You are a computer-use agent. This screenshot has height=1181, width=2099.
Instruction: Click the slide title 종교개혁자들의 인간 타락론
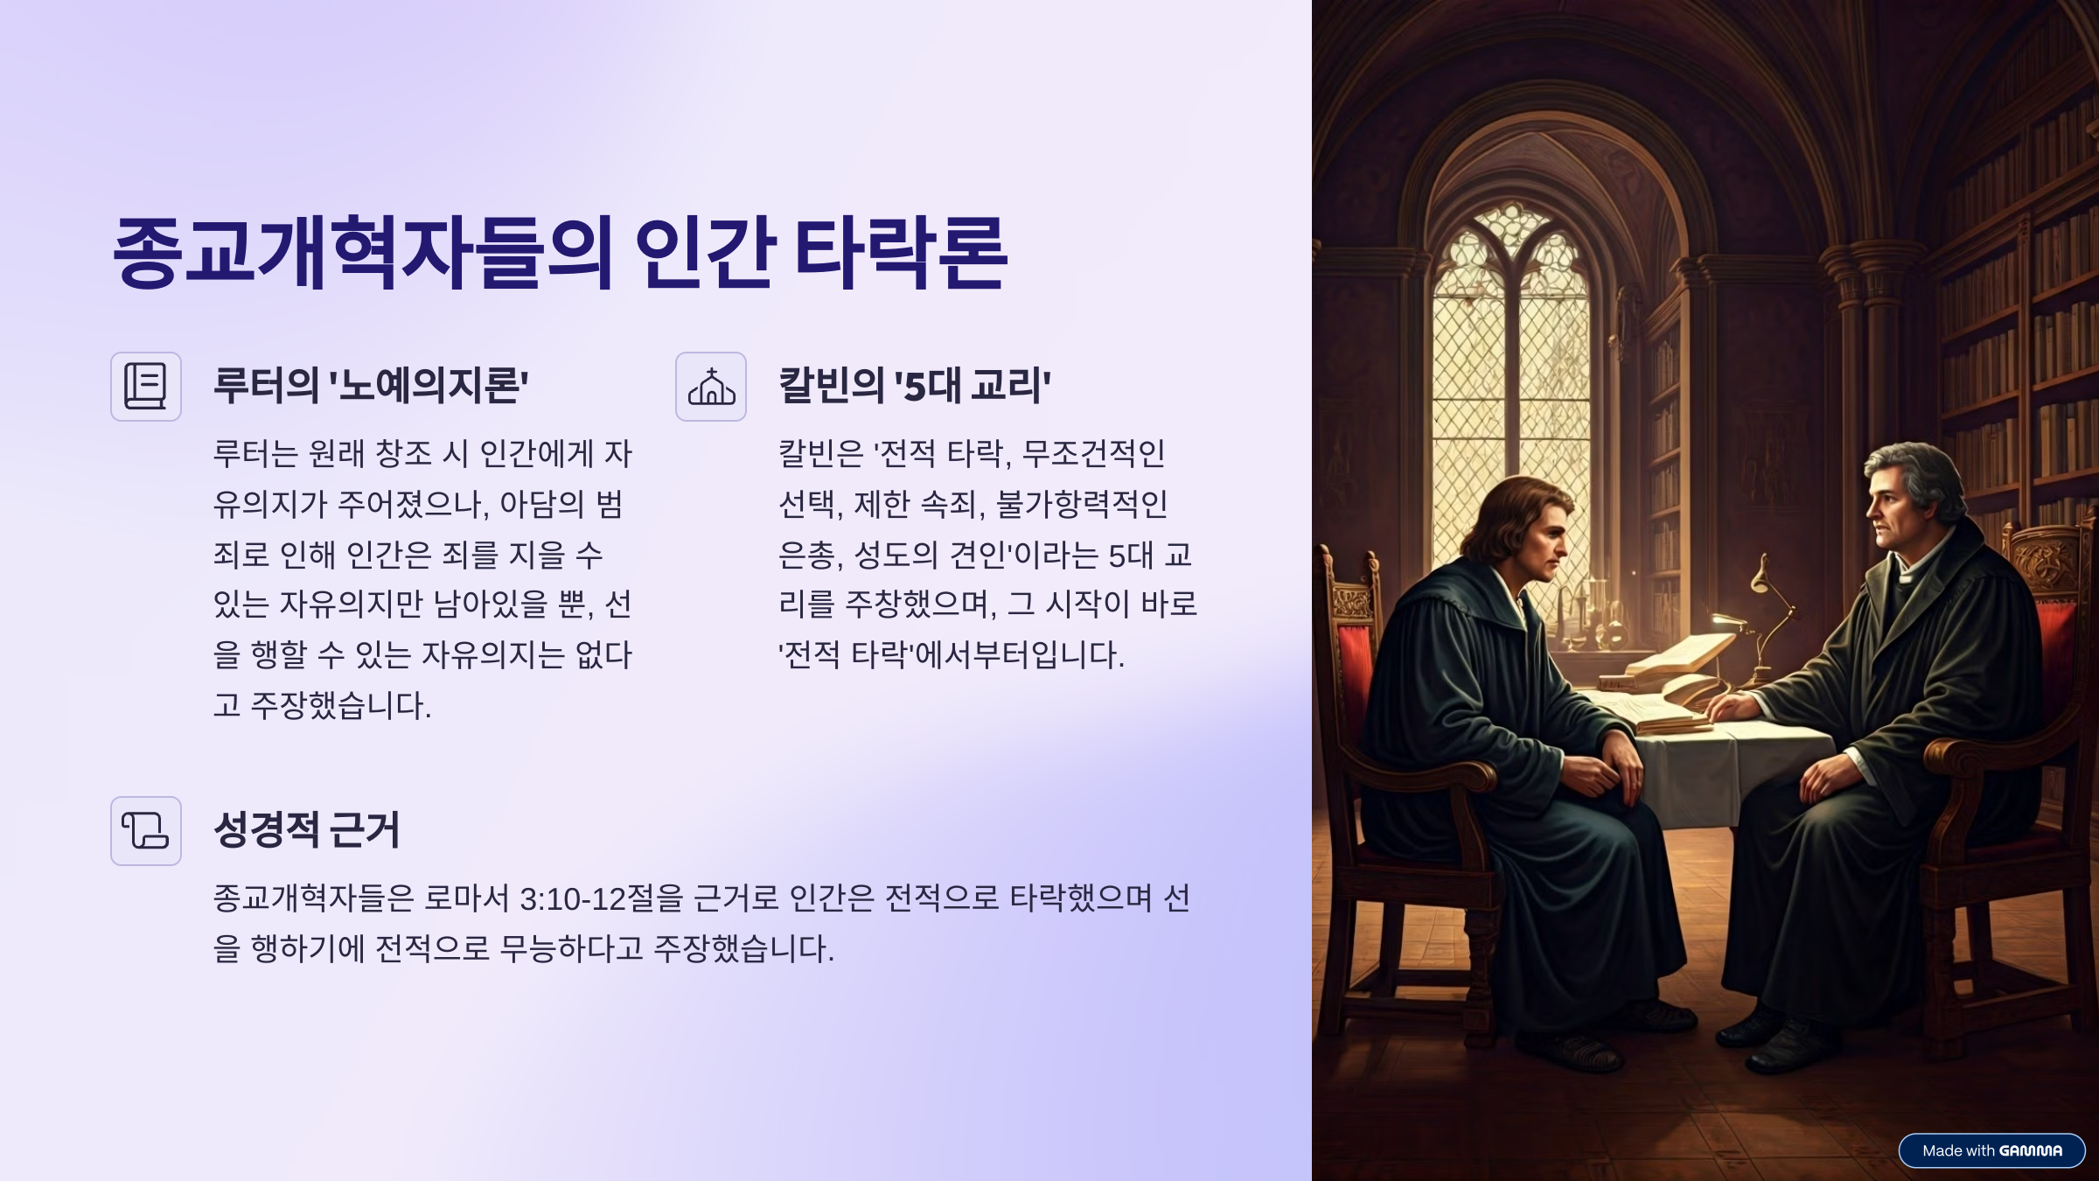[561, 253]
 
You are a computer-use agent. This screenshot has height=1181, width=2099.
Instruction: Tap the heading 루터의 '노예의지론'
[371, 385]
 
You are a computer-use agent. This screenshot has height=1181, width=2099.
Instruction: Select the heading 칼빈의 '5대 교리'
[915, 385]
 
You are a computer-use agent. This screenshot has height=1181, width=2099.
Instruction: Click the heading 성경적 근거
[307, 829]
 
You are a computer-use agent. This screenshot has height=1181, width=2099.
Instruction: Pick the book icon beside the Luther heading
[146, 387]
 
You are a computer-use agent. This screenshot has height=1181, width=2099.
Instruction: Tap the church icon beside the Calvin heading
[711, 387]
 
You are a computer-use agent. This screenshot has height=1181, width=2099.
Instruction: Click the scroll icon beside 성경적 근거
[146, 831]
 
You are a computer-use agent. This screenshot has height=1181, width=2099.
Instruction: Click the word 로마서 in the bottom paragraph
[466, 898]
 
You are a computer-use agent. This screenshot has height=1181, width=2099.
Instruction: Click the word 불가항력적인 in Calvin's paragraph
[1082, 504]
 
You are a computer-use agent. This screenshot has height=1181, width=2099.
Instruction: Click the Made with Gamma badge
[1991, 1150]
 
